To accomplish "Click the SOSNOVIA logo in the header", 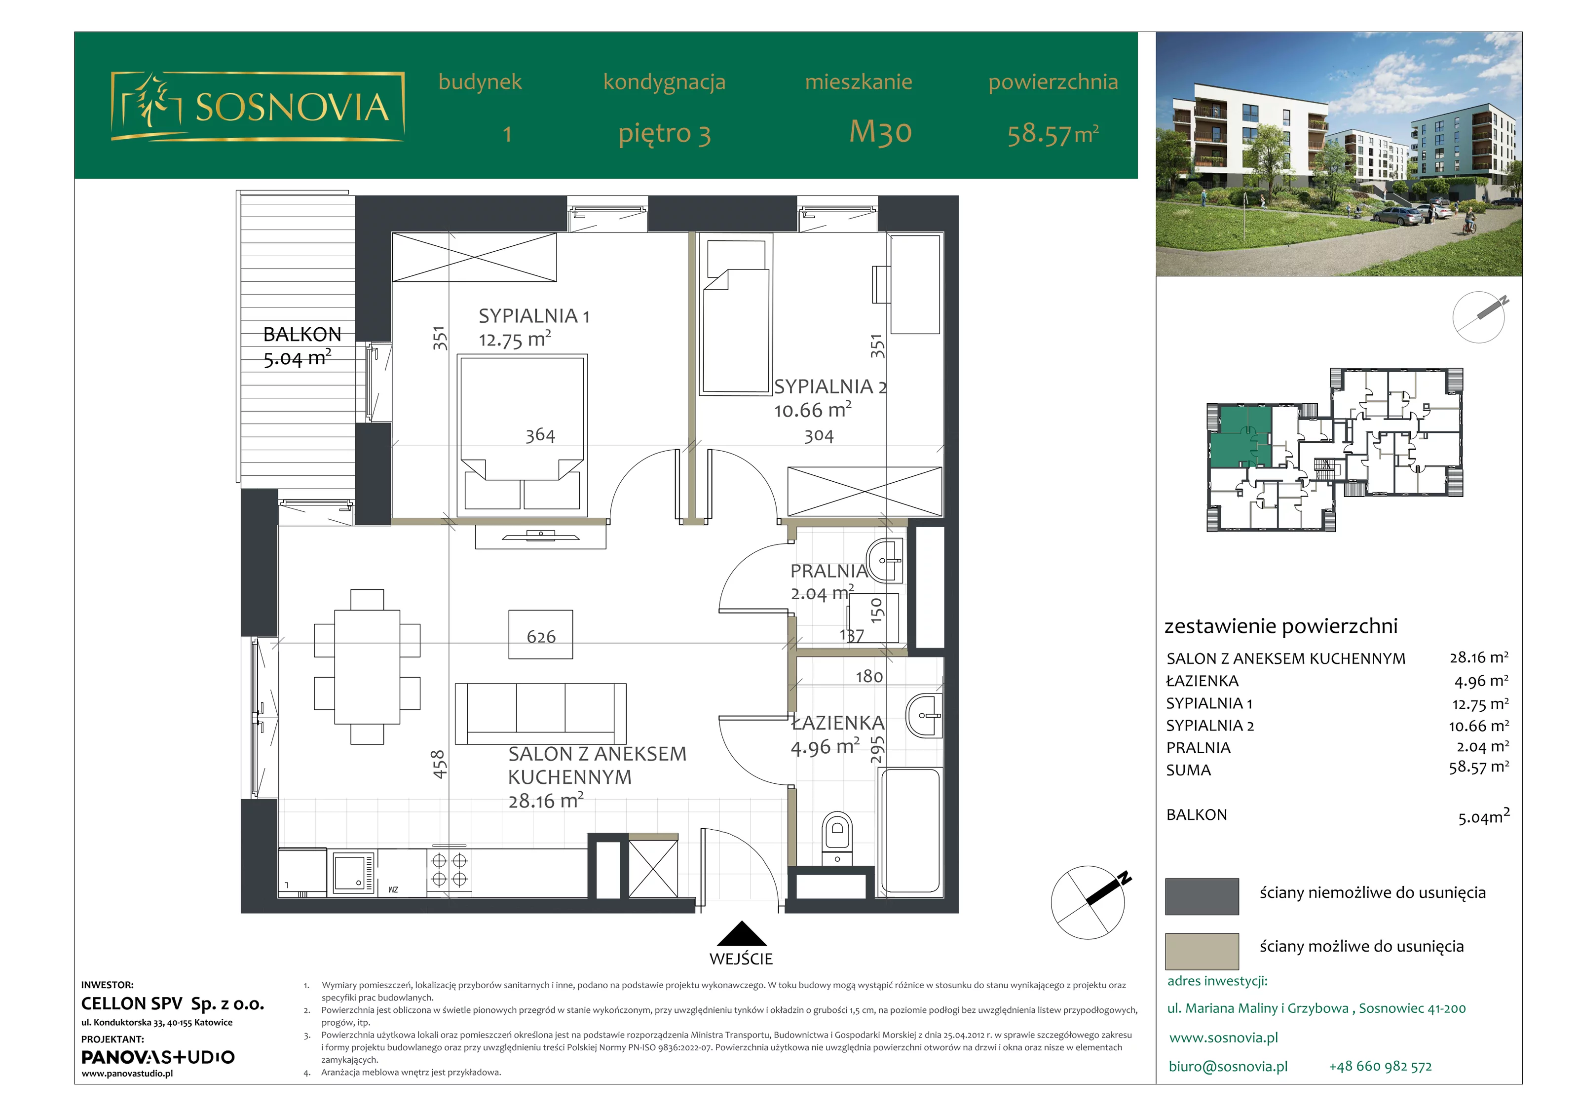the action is click(258, 107).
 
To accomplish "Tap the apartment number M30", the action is click(880, 131).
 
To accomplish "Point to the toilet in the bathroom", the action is click(837, 839).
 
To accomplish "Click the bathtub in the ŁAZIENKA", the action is click(910, 831).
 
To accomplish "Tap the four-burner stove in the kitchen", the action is click(449, 870).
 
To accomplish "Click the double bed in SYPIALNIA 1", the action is click(522, 435).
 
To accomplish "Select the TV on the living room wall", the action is click(540, 535).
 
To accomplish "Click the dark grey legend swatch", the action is click(1202, 896).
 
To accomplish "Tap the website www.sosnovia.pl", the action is click(1223, 1038).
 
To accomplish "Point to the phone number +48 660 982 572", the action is click(1380, 1067).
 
